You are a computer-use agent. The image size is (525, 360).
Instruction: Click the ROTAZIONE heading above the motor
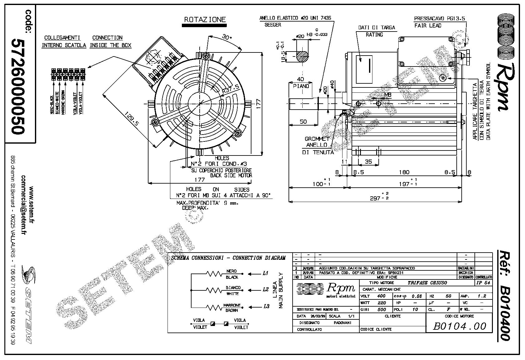(205, 19)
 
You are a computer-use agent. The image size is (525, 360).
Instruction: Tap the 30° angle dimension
(226, 37)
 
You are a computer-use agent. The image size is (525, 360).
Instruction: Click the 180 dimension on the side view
(404, 172)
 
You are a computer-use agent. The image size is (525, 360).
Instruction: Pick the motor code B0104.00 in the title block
(460, 326)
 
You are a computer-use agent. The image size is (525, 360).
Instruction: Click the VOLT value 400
(381, 296)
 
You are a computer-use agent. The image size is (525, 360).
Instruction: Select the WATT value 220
(381, 303)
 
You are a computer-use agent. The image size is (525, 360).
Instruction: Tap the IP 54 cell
(483, 283)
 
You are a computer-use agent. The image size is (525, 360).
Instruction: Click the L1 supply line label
(265, 273)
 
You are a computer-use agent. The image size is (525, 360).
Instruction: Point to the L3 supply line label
(266, 306)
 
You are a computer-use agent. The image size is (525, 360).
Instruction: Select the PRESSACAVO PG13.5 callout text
(439, 18)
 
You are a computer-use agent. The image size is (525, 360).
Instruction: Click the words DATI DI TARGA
(377, 27)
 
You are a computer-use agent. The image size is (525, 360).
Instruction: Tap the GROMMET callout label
(317, 139)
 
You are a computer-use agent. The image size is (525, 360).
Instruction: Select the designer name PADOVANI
(342, 323)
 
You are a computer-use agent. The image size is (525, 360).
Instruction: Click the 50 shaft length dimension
(303, 121)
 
